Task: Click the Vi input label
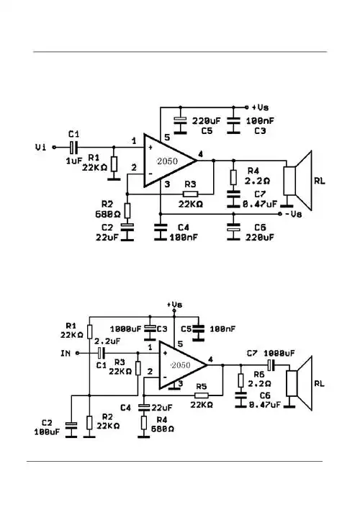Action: coord(40,147)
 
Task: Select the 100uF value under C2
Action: coord(46,432)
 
